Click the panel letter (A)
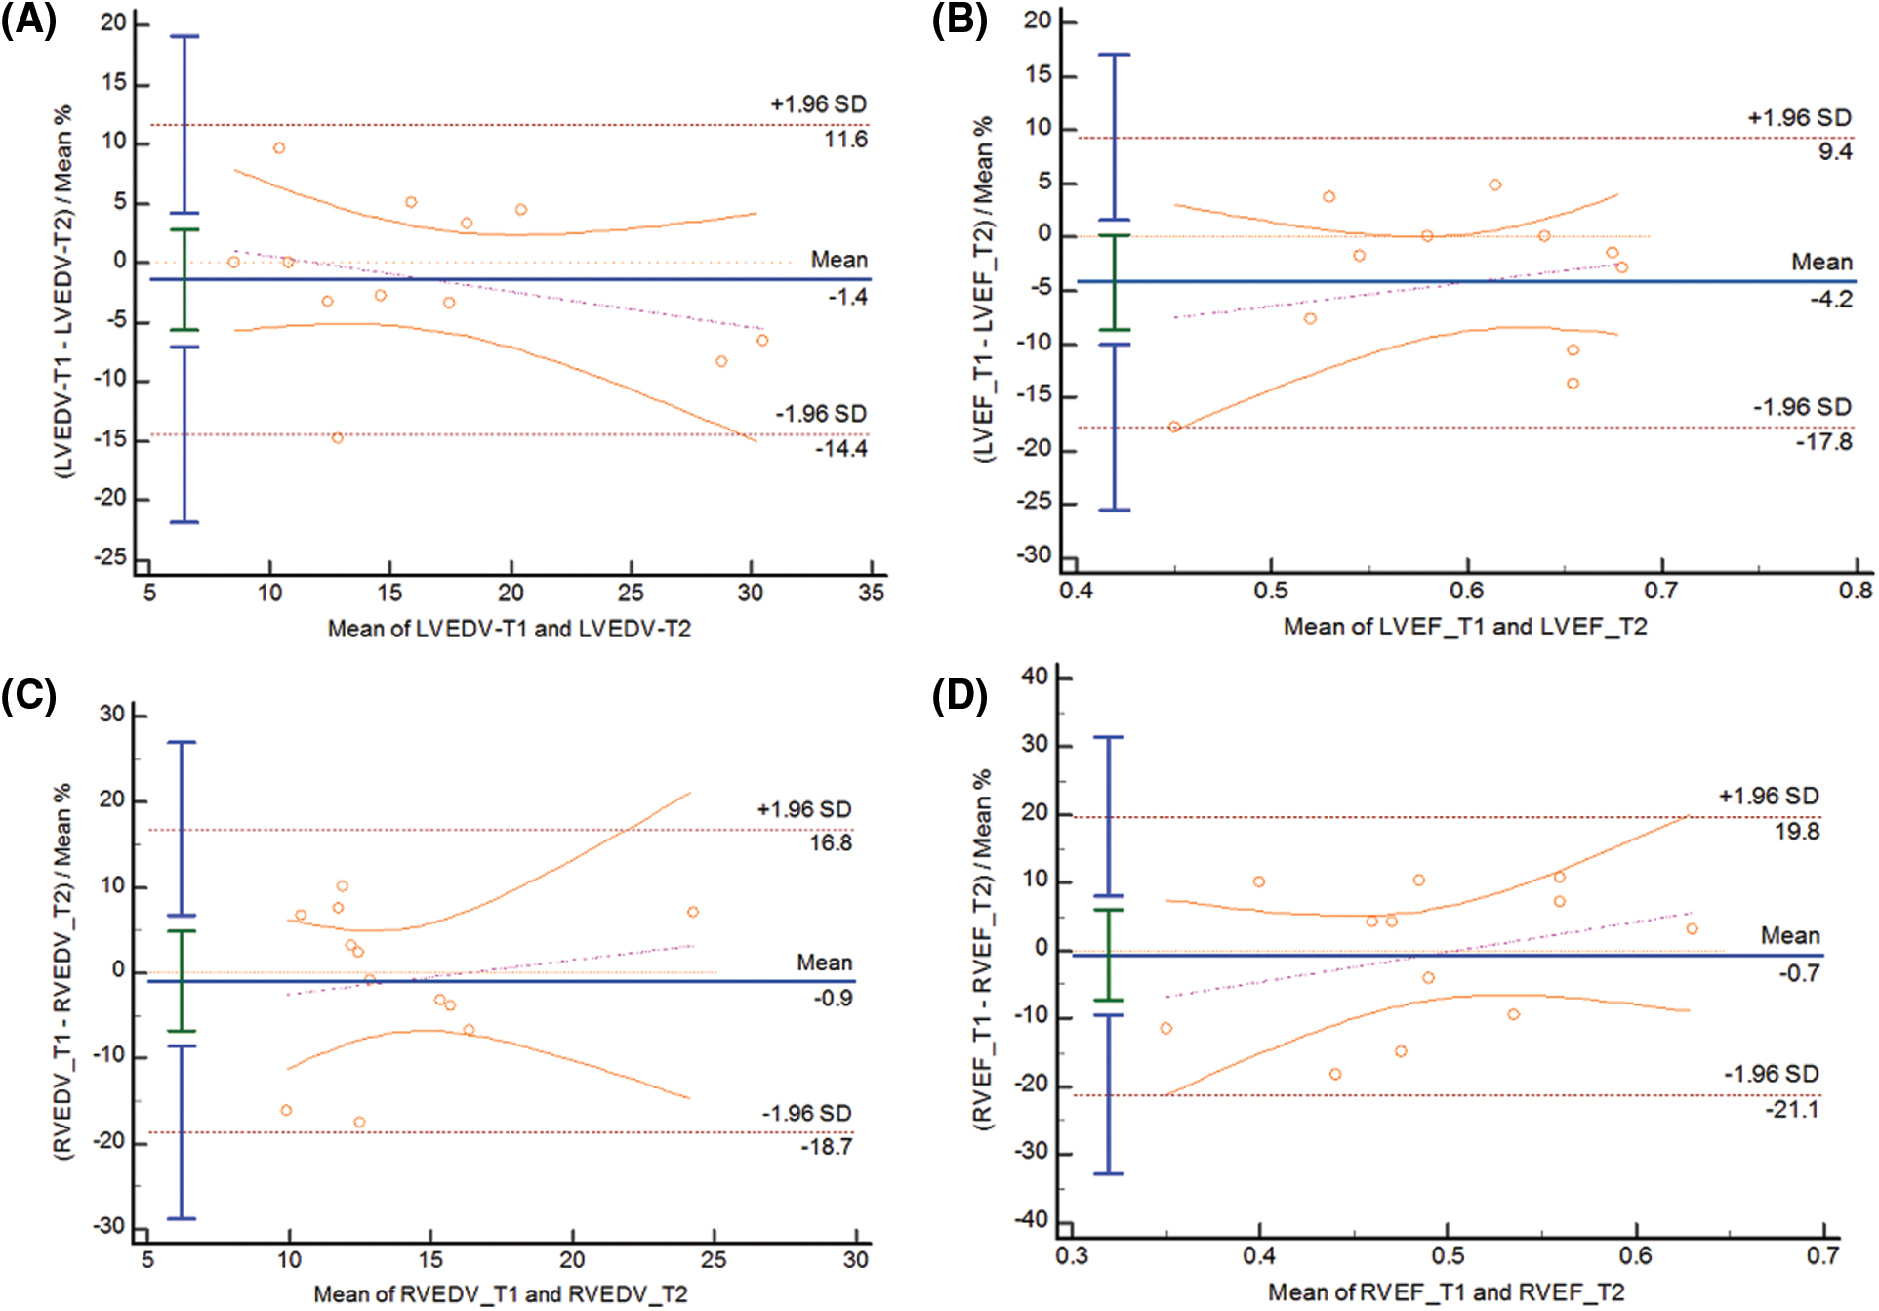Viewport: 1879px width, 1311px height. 29,20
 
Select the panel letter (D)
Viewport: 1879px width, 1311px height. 960,696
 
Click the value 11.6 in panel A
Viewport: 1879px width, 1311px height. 845,140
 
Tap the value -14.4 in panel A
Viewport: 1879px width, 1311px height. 841,449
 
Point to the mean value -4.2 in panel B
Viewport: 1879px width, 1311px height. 1830,300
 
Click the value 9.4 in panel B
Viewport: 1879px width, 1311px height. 1834,152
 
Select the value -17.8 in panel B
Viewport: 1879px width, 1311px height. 1823,442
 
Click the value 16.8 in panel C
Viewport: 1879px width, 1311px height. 831,843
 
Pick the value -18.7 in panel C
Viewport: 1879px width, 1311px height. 826,1147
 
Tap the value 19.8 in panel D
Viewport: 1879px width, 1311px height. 1797,832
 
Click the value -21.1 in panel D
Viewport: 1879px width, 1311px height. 1792,1110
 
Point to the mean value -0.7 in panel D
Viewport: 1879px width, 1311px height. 1799,973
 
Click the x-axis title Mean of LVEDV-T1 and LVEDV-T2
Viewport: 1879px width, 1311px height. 509,629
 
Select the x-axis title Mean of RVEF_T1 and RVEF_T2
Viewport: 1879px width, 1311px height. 1446,1292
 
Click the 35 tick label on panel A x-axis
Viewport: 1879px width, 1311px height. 871,593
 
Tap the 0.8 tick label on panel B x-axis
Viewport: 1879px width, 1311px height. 1856,591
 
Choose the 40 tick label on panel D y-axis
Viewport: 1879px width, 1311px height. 1034,676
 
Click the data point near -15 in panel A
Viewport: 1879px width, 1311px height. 337,438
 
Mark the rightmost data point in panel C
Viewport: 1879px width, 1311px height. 693,912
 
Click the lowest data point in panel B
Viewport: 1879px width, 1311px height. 1174,427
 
